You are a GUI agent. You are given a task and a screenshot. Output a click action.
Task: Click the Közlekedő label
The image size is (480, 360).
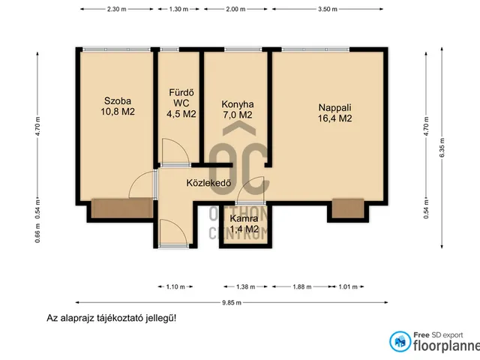click(x=208, y=182)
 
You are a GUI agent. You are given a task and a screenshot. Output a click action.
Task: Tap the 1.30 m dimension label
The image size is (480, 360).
click(x=179, y=10)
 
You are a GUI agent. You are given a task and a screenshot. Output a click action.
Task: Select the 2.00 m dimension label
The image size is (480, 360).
click(x=235, y=10)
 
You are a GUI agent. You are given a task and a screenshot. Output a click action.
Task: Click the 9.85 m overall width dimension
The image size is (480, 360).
click(x=232, y=302)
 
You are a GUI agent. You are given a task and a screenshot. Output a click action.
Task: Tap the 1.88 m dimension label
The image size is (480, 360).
click(x=298, y=286)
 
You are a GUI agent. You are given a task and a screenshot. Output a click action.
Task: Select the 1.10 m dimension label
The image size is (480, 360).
click(x=175, y=286)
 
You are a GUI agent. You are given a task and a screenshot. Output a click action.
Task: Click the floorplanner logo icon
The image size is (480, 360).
click(x=401, y=341)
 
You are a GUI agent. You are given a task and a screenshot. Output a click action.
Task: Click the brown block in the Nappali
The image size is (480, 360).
click(x=347, y=207)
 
